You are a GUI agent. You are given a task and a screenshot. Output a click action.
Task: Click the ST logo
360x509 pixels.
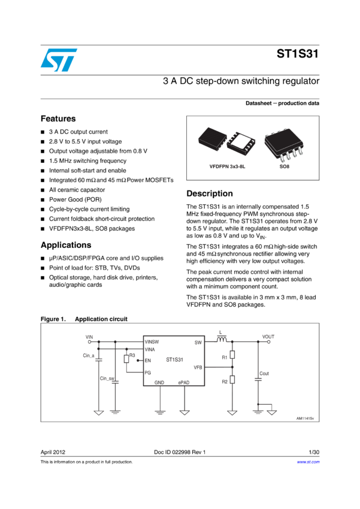point(59,59)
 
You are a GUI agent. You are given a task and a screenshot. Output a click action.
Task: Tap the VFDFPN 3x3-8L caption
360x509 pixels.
point(223,166)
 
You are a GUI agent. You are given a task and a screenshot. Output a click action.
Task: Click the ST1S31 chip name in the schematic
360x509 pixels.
point(174,360)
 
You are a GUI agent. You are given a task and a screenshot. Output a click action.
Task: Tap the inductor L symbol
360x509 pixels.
point(221,341)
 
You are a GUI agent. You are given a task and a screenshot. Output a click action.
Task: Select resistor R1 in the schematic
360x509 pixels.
point(232,355)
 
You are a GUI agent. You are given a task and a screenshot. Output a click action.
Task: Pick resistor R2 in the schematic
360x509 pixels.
point(232,379)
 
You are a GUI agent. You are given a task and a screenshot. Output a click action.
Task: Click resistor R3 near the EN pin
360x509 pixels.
point(126,359)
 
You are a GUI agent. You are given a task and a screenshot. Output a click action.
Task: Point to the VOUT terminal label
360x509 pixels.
point(268,337)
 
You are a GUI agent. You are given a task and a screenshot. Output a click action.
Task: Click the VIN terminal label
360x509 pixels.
point(90,337)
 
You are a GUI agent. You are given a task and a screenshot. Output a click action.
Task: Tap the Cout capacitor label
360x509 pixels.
point(264,374)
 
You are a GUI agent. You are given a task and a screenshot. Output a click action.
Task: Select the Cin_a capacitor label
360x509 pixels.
point(89,356)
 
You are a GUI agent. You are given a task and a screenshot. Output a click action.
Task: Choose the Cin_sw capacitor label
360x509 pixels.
point(107,378)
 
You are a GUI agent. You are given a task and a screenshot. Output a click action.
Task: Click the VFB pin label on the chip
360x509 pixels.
point(198,367)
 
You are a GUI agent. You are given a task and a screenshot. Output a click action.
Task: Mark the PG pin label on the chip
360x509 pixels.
point(147,372)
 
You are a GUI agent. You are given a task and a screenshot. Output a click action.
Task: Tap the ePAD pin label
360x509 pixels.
point(184,382)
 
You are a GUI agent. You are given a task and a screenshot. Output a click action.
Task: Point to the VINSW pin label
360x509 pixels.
point(152,343)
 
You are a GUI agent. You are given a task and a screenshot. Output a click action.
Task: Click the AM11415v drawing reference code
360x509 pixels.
point(305,419)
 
